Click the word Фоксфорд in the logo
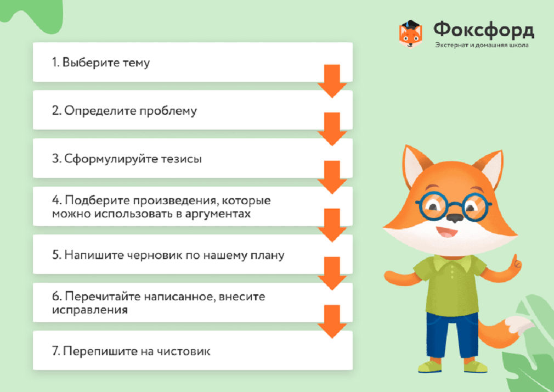pos(484,30)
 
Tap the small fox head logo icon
pos(410,34)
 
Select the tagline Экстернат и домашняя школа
pos(482,45)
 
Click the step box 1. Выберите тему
pos(193,62)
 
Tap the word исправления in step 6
pos(90,310)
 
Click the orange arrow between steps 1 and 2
pos(332,81)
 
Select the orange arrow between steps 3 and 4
pos(332,177)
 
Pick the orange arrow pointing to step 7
pos(332,322)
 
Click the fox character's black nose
pos(454,217)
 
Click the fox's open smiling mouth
pos(447,232)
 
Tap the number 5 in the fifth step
pos(56,255)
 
